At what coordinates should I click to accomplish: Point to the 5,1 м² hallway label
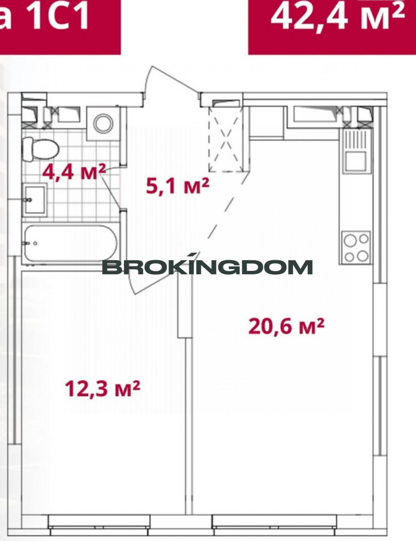[178, 186]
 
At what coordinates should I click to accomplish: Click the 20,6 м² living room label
[286, 326]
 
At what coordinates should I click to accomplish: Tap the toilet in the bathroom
[41, 149]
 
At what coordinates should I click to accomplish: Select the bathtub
[71, 243]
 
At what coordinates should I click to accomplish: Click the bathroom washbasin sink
[35, 200]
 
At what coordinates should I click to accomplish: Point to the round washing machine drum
[103, 123]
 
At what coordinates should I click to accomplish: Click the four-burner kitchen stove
[356, 247]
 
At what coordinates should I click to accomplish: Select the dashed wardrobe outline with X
[226, 139]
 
